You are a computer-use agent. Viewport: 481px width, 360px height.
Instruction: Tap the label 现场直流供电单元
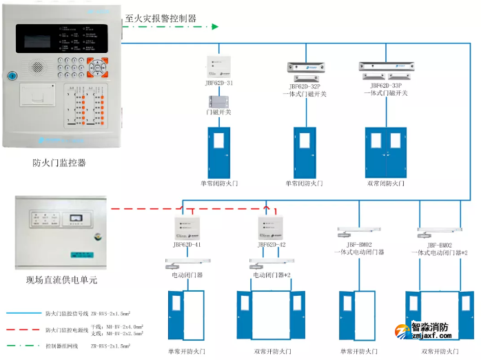62,280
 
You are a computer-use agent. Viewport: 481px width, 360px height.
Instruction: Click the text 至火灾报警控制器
160,19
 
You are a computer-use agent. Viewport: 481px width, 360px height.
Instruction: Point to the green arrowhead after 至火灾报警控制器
215,26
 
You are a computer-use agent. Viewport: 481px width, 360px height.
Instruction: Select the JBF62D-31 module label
218,83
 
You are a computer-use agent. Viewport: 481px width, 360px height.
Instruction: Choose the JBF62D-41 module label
187,244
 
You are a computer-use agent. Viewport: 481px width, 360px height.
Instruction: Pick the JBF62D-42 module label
272,244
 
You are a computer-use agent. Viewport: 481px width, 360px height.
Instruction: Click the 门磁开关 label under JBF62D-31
218,112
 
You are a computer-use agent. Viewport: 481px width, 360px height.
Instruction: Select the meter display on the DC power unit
78,220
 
